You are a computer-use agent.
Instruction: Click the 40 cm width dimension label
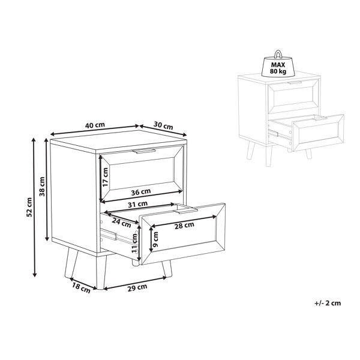coord(95,125)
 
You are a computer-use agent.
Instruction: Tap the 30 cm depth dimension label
coord(163,125)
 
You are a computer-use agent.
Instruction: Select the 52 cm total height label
coord(29,207)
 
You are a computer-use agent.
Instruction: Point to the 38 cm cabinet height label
coord(42,187)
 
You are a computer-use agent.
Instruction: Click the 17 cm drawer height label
coord(105,177)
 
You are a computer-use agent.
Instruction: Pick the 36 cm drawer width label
coord(141,192)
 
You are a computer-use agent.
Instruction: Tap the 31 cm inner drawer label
coord(138,204)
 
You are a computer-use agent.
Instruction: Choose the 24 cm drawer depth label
coord(121,223)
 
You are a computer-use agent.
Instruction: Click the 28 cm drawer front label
coord(184,226)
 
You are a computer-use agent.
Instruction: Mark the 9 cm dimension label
coord(155,239)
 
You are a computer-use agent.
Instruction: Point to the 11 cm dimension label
coord(134,243)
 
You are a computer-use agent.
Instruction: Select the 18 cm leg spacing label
coord(81,289)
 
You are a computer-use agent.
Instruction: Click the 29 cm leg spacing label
coord(137,287)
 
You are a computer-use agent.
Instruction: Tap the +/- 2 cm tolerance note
coord(328,303)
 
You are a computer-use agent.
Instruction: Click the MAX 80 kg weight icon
coord(278,64)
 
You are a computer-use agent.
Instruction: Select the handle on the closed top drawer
coord(144,151)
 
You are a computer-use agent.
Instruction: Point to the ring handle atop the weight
coord(278,54)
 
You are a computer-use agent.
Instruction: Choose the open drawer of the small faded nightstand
coord(306,133)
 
